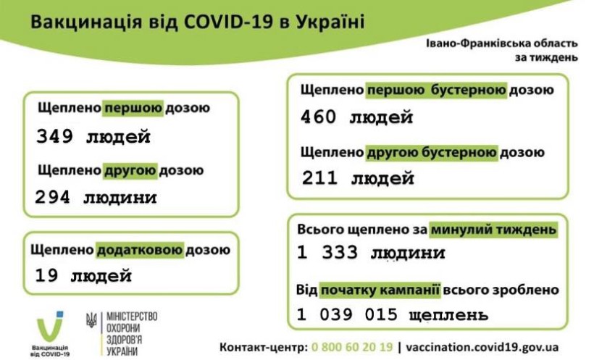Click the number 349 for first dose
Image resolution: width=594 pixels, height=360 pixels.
[54, 136]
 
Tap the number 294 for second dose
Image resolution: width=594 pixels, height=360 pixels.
[53, 197]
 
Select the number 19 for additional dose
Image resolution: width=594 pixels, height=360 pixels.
[46, 275]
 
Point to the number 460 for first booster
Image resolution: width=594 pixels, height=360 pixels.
[318, 117]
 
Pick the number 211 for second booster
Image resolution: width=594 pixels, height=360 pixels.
[319, 177]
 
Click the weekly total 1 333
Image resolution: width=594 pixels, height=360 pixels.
[327, 252]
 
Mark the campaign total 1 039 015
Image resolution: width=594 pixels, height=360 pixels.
[348, 314]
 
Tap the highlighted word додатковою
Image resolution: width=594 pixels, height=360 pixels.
[140, 250]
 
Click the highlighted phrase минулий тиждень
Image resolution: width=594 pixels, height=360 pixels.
[494, 230]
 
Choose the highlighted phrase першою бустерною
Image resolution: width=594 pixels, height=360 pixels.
[436, 91]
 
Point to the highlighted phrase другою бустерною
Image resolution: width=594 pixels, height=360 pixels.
[432, 152]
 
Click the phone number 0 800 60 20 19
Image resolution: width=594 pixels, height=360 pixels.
[352, 347]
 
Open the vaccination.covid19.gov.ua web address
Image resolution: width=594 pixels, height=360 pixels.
[482, 347]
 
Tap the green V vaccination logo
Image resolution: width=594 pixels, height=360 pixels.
[50, 327]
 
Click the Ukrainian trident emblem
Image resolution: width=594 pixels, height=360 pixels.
[91, 320]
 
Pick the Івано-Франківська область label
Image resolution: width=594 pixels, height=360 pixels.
[502, 43]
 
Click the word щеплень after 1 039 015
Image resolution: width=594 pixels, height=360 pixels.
[449, 314]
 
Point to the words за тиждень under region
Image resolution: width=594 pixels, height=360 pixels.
[546, 57]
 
